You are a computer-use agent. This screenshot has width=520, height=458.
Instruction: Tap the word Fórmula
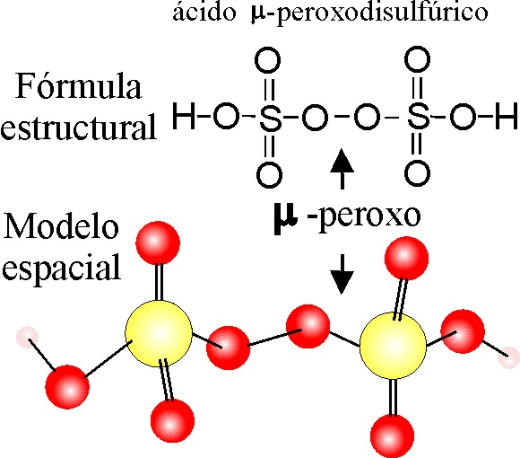(x=79, y=86)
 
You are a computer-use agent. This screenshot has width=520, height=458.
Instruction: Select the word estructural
(x=78, y=127)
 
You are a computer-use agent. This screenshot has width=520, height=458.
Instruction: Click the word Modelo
(x=61, y=226)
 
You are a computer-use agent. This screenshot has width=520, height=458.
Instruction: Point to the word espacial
(x=61, y=268)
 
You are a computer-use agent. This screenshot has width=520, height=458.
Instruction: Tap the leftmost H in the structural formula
(x=184, y=116)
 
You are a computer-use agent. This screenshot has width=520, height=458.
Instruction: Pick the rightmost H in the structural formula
(x=507, y=116)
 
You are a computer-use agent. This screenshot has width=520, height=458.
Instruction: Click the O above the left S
(x=268, y=60)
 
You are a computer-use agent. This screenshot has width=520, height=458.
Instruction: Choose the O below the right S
(x=418, y=173)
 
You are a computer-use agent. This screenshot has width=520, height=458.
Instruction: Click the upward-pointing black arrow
(x=342, y=169)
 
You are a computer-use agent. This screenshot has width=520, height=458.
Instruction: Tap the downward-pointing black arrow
(x=342, y=274)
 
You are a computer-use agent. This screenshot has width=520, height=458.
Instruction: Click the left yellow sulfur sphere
(x=159, y=333)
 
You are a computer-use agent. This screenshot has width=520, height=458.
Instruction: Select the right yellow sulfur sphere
(x=393, y=346)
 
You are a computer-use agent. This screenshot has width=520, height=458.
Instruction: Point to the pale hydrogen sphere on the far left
(x=27, y=338)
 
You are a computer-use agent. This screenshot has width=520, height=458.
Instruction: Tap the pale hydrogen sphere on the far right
(x=509, y=357)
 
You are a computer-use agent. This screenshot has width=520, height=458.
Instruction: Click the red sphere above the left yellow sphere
(x=158, y=243)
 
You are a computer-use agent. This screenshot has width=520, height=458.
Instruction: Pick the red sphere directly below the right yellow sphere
(x=393, y=436)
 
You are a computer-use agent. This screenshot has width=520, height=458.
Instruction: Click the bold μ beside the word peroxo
(x=285, y=219)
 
